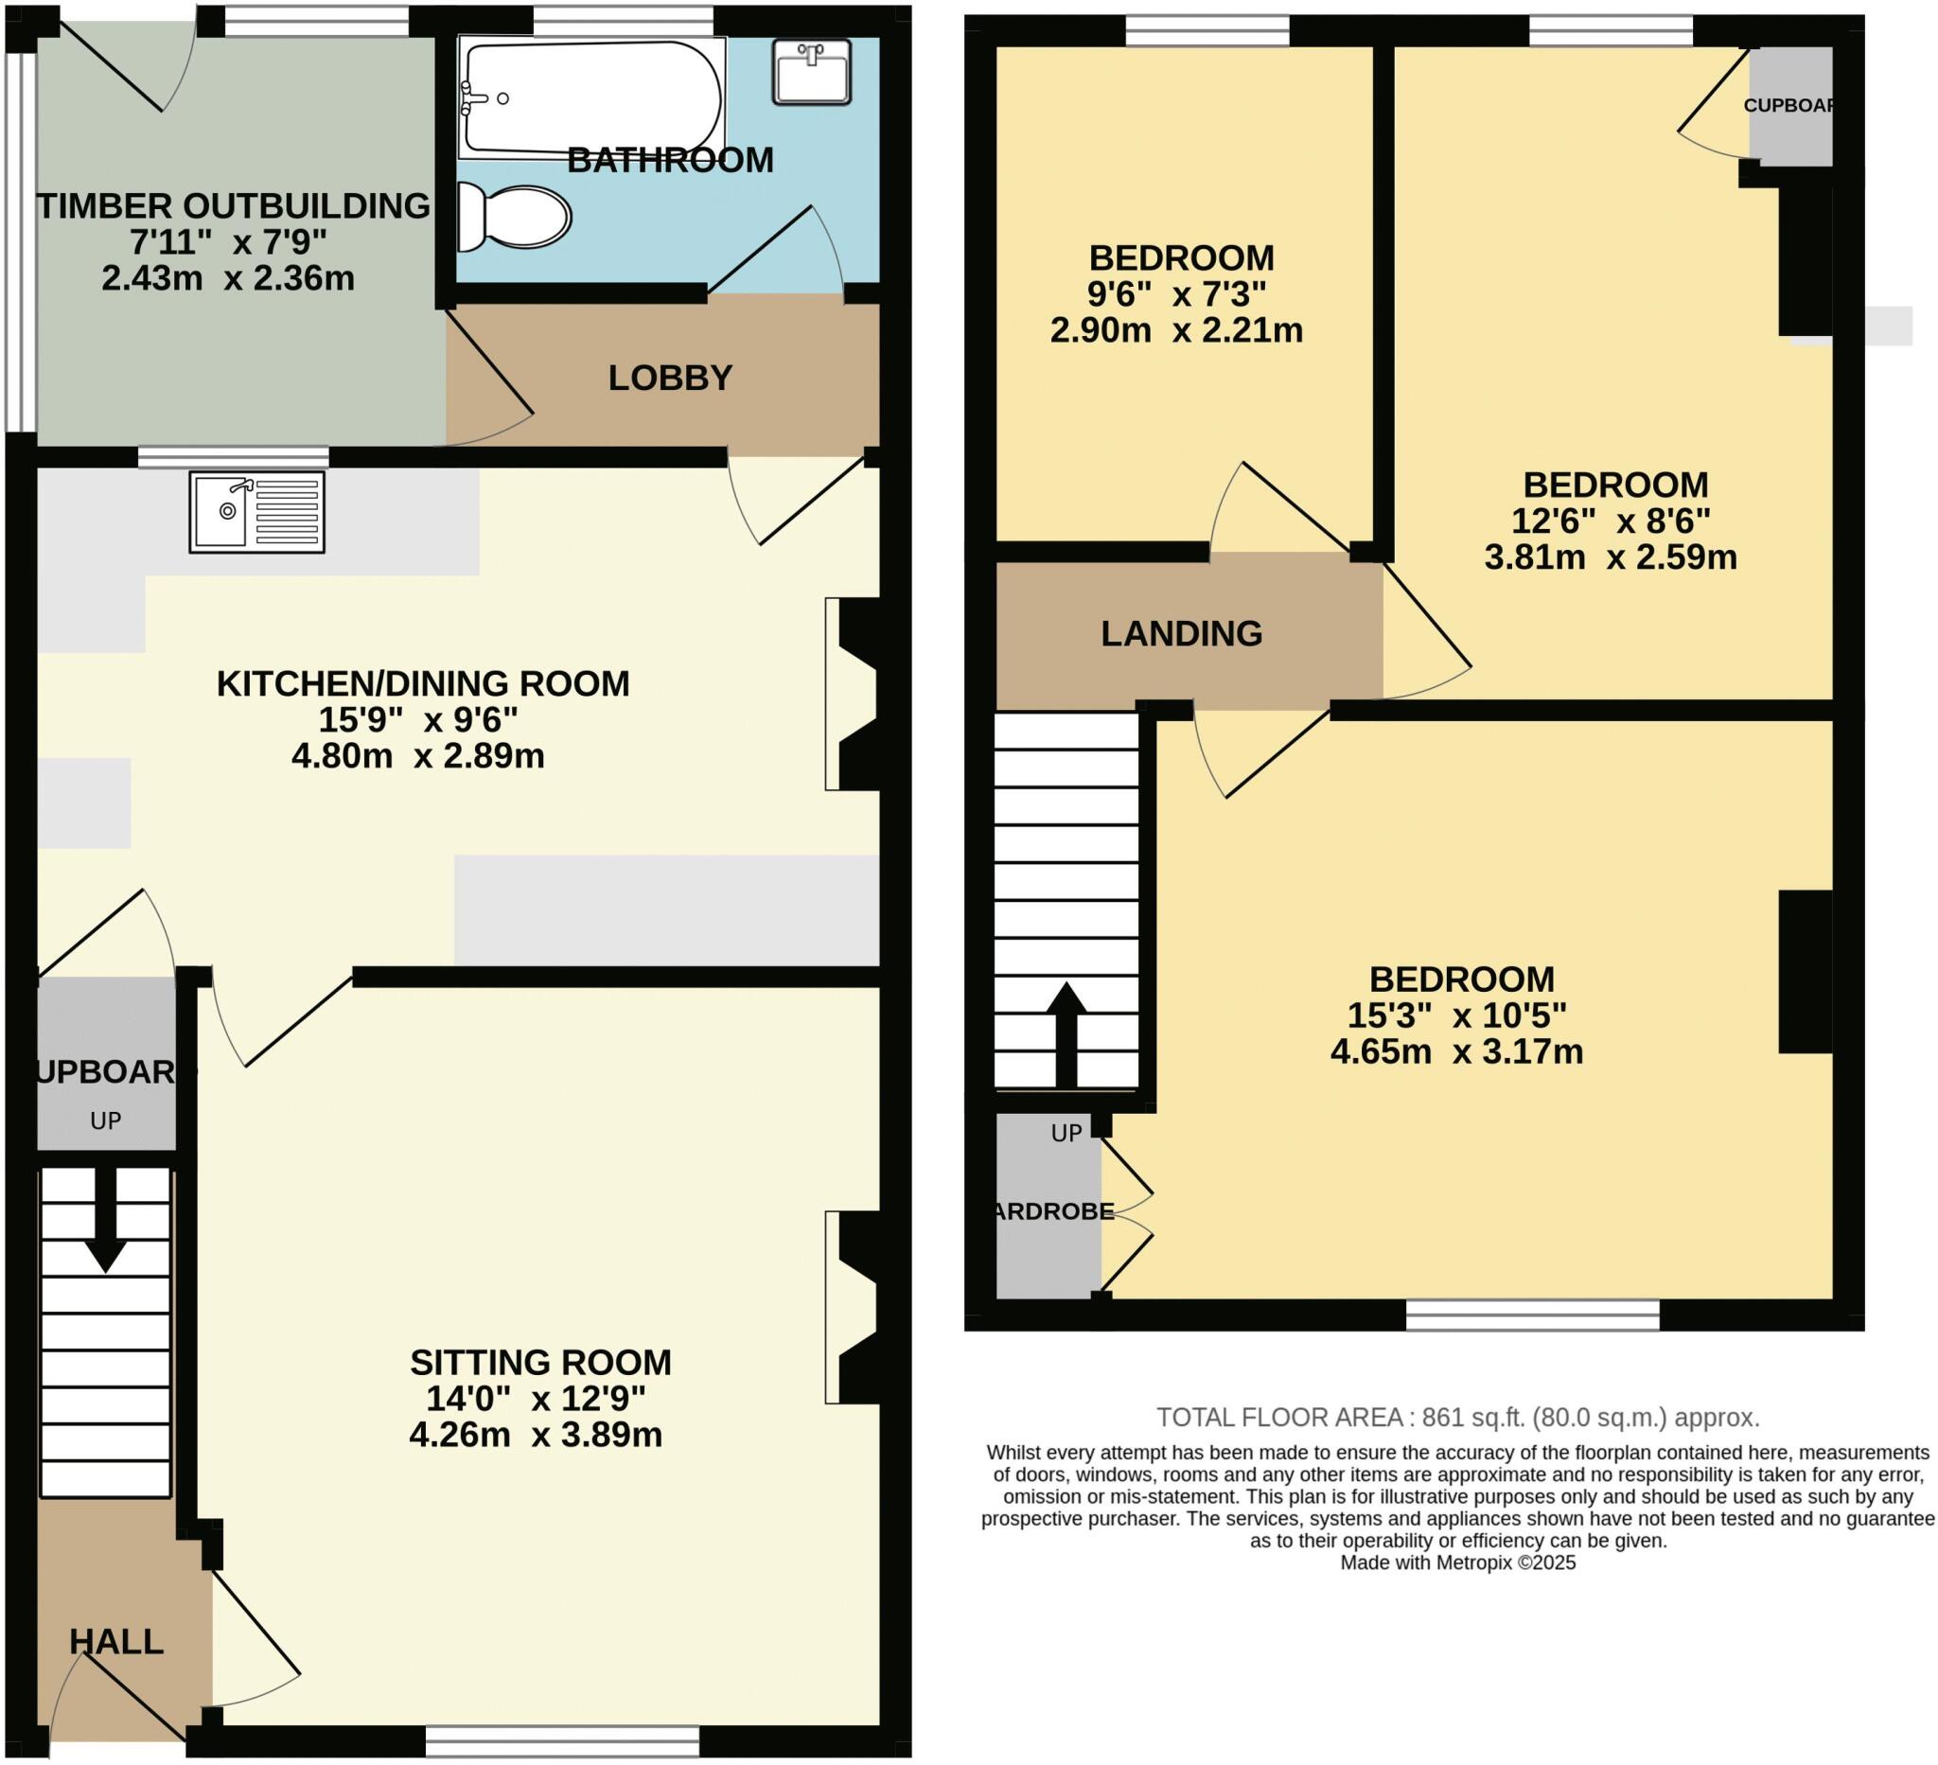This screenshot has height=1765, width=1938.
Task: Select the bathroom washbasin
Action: coord(812,71)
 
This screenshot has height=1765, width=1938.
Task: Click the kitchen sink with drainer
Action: coord(256,511)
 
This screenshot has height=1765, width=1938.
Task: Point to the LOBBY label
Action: coord(670,378)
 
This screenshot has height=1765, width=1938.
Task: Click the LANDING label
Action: coord(1182,633)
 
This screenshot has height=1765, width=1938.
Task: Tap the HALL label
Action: coord(116,1641)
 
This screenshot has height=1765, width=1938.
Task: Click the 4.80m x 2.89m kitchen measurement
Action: coord(418,756)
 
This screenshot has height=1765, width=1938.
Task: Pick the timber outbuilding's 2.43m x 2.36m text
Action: coord(228,279)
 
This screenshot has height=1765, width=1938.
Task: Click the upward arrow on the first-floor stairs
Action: coord(1066,1033)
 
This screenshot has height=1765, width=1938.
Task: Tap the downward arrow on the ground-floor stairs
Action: coord(105,1221)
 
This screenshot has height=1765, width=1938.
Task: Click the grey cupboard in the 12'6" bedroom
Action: coord(1790,106)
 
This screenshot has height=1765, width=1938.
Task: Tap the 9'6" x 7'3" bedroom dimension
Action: coord(1176,294)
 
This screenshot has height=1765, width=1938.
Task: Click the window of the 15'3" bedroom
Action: coord(1532,1315)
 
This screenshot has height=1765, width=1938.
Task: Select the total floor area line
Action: coord(1457,1417)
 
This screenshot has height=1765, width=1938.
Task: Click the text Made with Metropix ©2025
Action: coord(1457,1562)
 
